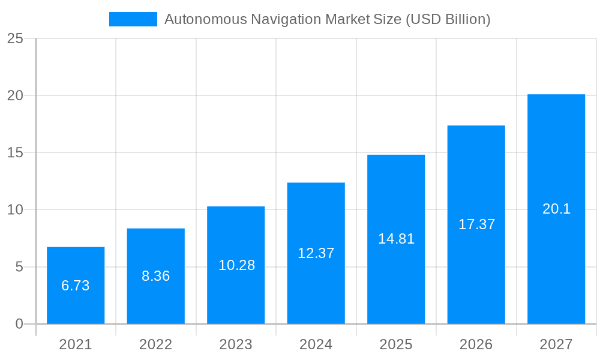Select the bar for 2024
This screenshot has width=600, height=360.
tap(316, 253)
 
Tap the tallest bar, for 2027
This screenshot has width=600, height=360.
tap(556, 209)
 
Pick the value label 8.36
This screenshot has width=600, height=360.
tap(156, 276)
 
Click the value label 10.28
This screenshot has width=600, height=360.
tap(236, 265)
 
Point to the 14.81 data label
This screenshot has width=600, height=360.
tap(396, 239)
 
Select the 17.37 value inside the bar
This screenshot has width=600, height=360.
tap(476, 224)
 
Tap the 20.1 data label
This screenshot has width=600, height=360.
tap(556, 209)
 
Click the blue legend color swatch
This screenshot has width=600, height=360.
tap(133, 19)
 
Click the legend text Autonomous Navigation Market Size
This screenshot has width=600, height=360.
tap(328, 19)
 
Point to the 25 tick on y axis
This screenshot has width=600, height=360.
tap(15, 38)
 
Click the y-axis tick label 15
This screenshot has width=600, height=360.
tap(15, 153)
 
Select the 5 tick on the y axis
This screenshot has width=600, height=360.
tap(19, 267)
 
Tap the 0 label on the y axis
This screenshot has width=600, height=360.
tap(19, 324)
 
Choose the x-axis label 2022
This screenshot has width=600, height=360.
tap(156, 344)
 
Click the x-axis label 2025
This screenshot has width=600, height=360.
tap(396, 344)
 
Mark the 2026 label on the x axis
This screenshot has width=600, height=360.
tap(476, 344)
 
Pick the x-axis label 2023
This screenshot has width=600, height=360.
tap(236, 344)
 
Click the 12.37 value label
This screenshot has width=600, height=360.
tap(316, 253)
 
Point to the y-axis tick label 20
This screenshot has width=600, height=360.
tap(15, 95)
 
